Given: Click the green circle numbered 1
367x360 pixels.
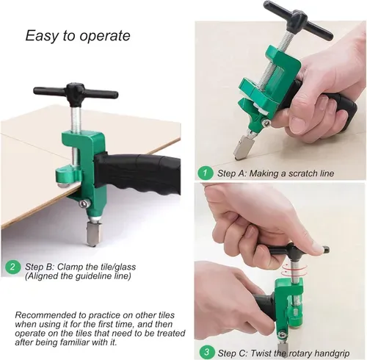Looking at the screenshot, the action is (x=205, y=173).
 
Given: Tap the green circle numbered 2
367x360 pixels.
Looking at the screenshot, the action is (x=12, y=267).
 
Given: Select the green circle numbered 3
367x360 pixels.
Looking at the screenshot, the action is (x=207, y=352).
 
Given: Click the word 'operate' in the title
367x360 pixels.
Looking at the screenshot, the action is (x=105, y=36).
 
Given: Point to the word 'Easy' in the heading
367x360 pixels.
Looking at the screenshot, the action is (x=43, y=36).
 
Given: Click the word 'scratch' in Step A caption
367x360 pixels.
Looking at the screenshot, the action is (x=303, y=173).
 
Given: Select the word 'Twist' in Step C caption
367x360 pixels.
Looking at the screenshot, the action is (x=260, y=353).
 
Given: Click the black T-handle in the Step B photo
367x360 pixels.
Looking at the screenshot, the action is (x=76, y=92).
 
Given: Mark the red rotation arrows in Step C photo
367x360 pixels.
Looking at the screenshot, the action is (x=294, y=270).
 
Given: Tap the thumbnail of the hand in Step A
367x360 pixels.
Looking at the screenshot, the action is (x=297, y=122).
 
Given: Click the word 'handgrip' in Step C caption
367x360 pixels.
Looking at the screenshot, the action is (x=332, y=353).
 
